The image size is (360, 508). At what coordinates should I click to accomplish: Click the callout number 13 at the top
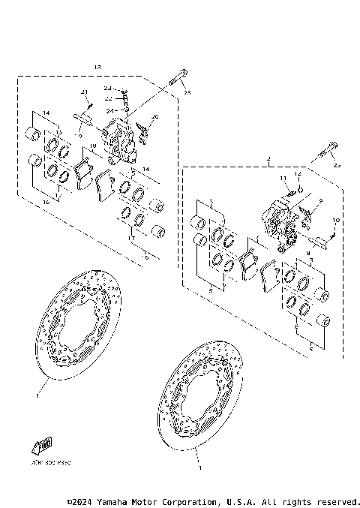[97, 68]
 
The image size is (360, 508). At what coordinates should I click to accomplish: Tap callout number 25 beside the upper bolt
[187, 93]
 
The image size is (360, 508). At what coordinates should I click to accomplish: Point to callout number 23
[108, 89]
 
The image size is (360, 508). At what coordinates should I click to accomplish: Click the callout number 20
[155, 117]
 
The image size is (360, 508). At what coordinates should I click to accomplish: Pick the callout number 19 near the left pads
[93, 146]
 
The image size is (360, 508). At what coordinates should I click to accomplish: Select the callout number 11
[284, 178]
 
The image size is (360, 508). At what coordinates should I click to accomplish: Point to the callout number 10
[337, 220]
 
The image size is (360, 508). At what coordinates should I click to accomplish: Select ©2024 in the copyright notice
[81, 501]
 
